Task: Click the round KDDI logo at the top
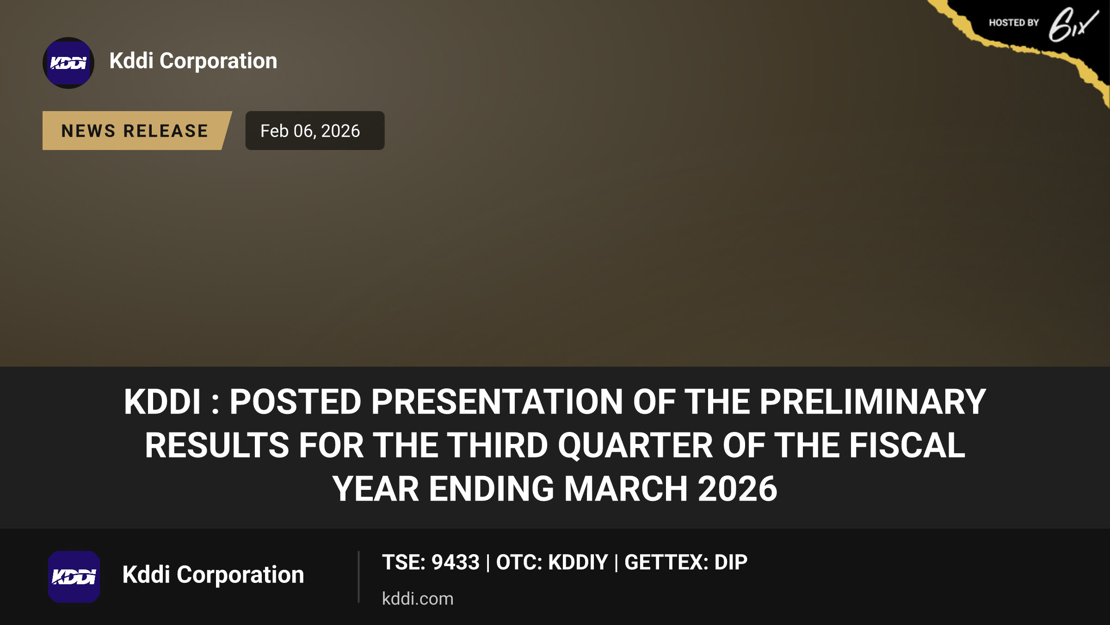pos(68,63)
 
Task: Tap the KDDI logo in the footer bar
pos(74,577)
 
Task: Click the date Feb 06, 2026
pos(310,131)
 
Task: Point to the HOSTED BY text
pos(1014,23)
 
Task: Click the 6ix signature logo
pos(1073,25)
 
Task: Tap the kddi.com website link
pos(418,599)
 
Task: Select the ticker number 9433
pos(456,562)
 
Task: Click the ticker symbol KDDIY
pos(578,562)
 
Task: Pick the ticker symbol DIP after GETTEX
pos(731,562)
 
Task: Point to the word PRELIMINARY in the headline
pos(873,401)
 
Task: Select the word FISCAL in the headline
pos(907,445)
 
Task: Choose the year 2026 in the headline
pos(738,489)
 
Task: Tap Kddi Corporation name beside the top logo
pos(193,61)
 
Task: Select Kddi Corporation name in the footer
pos(213,575)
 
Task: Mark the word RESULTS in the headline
pos(217,445)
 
